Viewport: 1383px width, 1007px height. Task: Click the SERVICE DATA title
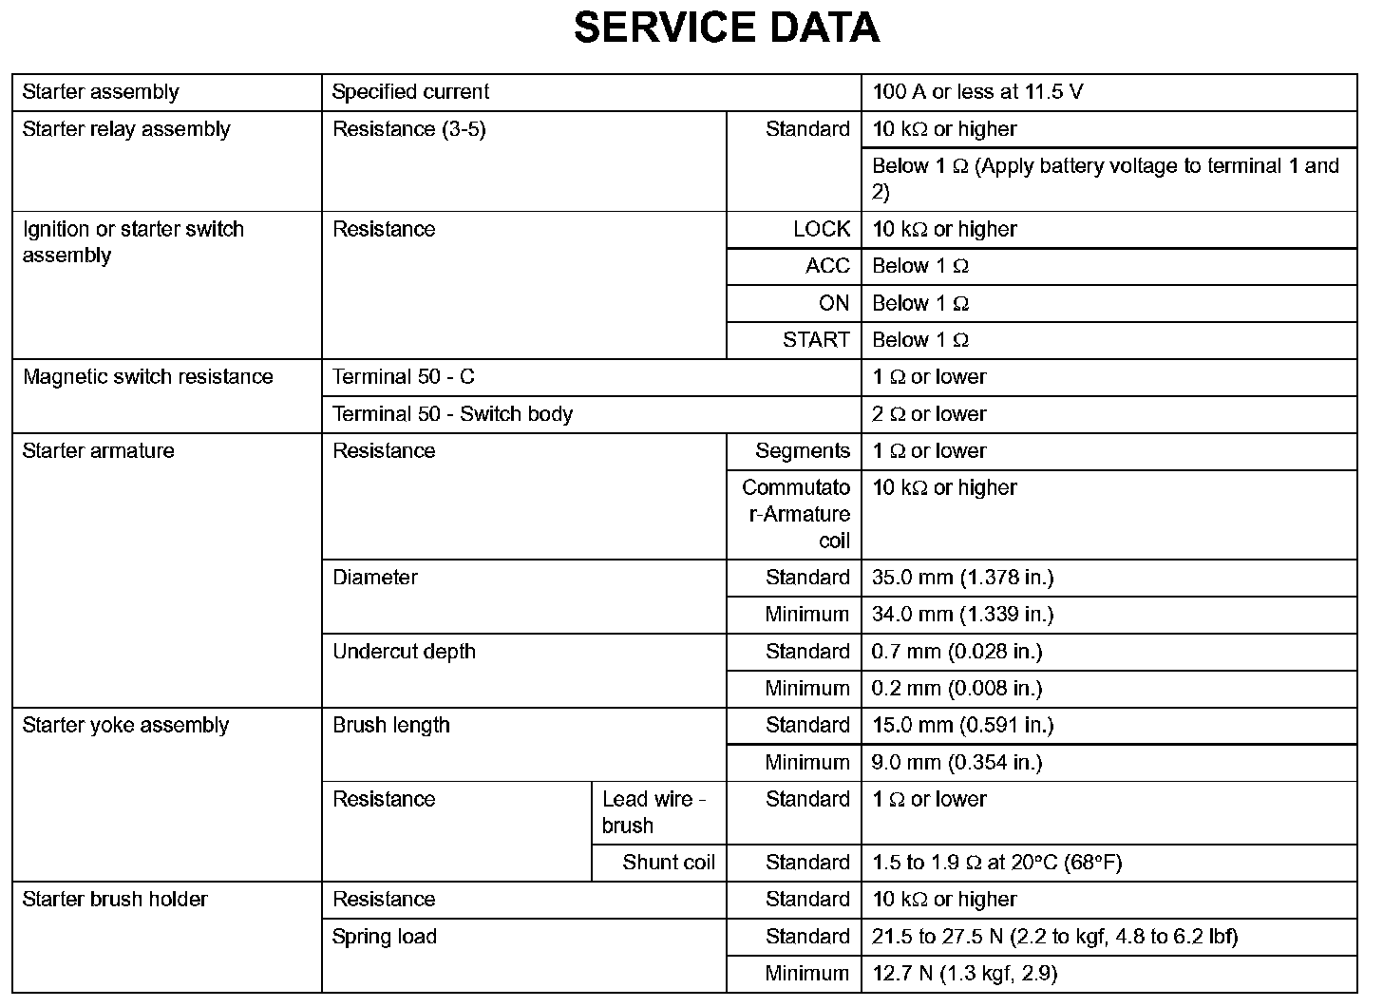tap(727, 28)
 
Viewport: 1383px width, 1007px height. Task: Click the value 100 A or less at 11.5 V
tap(977, 92)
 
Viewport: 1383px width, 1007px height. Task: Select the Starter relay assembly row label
tap(126, 129)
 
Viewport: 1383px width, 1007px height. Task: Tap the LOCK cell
tap(822, 229)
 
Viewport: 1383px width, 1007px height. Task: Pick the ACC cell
tap(827, 266)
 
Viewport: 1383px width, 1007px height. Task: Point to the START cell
tap(816, 340)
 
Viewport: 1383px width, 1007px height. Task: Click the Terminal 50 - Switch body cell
tap(452, 414)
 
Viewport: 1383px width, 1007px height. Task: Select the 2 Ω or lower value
tap(929, 414)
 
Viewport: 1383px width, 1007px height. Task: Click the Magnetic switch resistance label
tap(147, 377)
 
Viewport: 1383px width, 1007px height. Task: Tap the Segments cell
tap(803, 451)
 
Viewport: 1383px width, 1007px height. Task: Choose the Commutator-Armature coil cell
tap(796, 514)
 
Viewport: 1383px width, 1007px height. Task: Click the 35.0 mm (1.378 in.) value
tap(962, 578)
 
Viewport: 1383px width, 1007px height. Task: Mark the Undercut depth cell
tap(404, 652)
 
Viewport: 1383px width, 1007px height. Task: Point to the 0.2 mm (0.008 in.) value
tap(957, 689)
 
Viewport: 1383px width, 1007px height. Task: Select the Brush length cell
tap(390, 726)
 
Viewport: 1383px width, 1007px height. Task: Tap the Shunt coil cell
tap(669, 863)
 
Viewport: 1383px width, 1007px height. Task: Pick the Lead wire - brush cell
tap(654, 812)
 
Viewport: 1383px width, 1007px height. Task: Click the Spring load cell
tap(384, 937)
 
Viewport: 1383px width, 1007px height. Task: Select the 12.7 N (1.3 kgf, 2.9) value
tap(964, 974)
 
